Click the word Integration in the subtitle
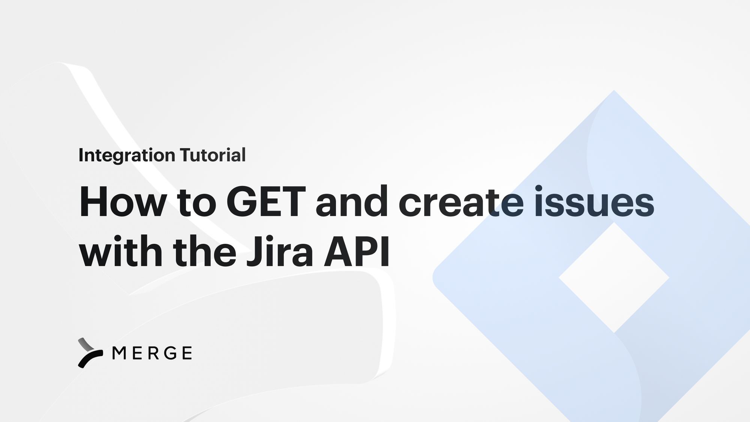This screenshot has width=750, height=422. [x=127, y=155]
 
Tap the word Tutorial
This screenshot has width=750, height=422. [x=213, y=155]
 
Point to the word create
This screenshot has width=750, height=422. [x=461, y=203]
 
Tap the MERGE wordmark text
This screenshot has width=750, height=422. [x=152, y=353]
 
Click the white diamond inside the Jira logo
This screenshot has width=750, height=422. [x=614, y=278]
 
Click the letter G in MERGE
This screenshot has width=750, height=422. [x=171, y=353]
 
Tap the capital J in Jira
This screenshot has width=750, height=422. [x=253, y=251]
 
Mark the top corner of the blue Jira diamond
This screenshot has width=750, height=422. [x=614, y=91]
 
